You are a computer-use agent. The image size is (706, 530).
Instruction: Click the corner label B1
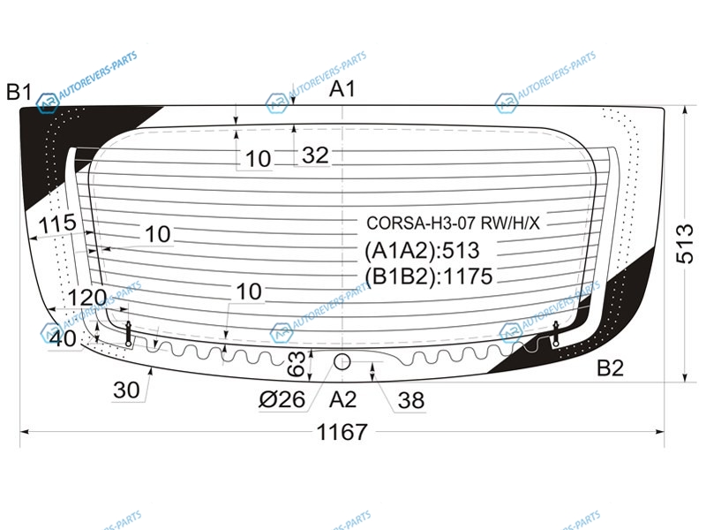19,92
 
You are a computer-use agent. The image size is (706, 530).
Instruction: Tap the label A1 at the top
342,89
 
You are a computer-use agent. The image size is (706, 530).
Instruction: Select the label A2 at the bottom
343,400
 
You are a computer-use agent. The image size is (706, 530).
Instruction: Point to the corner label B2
610,368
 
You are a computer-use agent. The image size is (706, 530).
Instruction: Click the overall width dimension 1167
342,432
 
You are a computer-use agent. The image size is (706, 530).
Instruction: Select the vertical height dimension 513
685,243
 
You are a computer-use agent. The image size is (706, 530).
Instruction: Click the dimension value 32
315,155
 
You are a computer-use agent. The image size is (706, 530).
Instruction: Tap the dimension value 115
57,223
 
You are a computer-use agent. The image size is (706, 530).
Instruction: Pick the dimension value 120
86,298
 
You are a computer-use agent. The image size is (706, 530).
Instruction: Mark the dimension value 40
63,339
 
